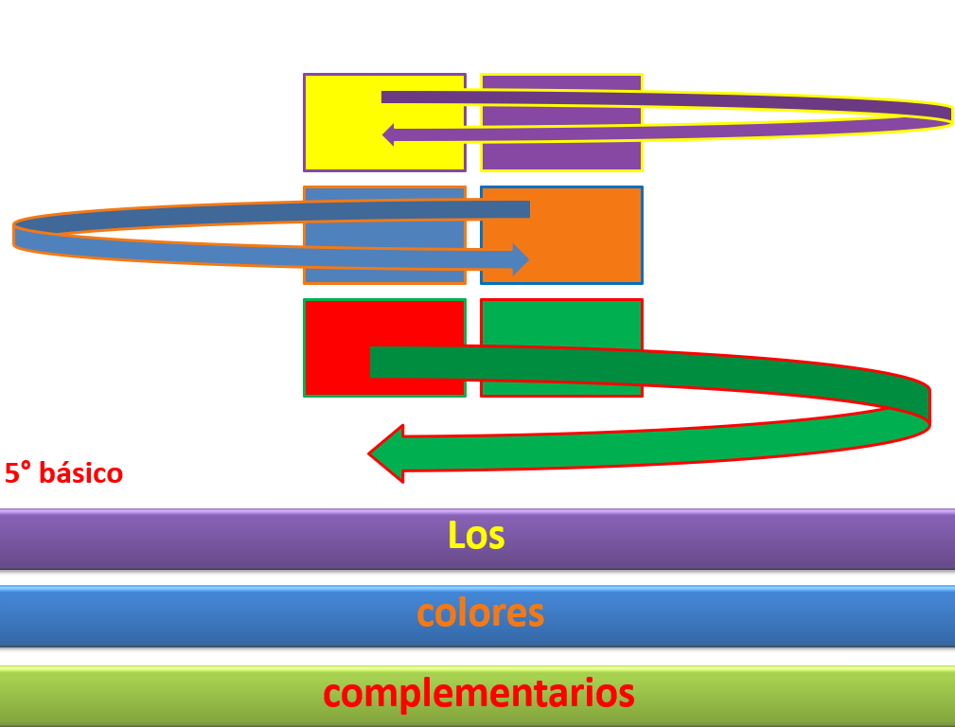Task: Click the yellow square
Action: tap(385, 122)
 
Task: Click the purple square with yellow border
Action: tap(561, 122)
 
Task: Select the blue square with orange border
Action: tap(385, 235)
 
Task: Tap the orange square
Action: tap(561, 235)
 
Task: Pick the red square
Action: tap(385, 348)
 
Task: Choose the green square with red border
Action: tap(561, 348)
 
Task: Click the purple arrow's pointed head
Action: tap(388, 134)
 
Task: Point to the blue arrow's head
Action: tap(522, 259)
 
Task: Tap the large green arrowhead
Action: tap(386, 453)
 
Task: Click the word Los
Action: tap(476, 536)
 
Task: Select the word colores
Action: tap(481, 613)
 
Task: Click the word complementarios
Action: tap(479, 694)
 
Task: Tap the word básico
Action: tap(81, 473)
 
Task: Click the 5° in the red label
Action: tap(18, 473)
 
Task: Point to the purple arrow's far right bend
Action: tap(950, 115)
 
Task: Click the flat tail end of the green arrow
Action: tap(371, 362)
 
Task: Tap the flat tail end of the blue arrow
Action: tap(529, 209)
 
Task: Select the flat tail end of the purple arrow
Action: tap(382, 97)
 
